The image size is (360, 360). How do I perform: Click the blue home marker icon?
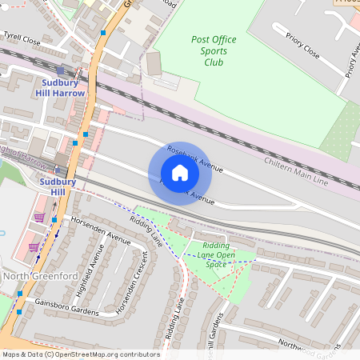180,173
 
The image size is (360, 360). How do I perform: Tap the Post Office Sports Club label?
214,50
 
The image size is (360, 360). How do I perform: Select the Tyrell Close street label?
21,38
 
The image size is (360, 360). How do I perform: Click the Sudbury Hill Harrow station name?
60,87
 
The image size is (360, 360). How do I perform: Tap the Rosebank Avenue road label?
195,160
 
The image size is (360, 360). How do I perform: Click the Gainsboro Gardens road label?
66,306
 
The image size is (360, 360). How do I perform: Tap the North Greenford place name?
39,276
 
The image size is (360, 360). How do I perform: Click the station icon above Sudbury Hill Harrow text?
60,70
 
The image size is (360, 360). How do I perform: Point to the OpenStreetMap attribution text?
80,354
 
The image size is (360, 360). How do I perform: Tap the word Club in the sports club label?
214,62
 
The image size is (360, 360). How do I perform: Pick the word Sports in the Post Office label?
214,50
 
